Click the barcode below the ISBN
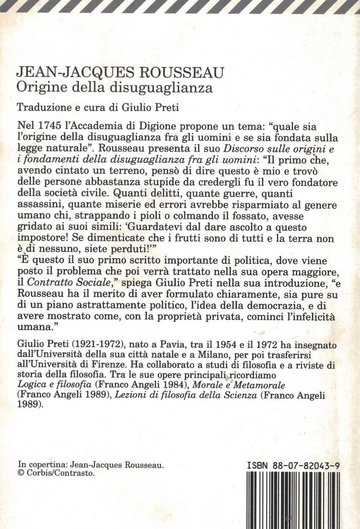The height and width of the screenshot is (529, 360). (x=293, y=500)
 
